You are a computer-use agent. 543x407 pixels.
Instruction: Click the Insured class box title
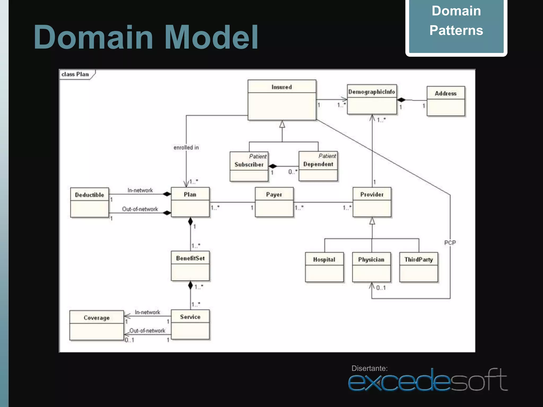pyautogui.click(x=282, y=87)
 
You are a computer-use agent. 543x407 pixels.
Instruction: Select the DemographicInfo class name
pyautogui.click(x=371, y=92)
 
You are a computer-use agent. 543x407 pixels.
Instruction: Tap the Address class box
pyautogui.click(x=446, y=101)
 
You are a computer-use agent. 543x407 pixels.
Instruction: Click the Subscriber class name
pyautogui.click(x=249, y=165)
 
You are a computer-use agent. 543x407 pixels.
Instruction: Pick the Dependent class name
pyautogui.click(x=318, y=164)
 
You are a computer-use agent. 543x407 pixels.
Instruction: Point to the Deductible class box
pyautogui.click(x=89, y=202)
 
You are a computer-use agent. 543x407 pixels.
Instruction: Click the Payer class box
pyautogui.click(x=274, y=202)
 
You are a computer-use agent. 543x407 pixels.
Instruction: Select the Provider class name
pyautogui.click(x=372, y=194)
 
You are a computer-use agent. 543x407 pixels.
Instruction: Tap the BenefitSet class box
pyautogui.click(x=190, y=266)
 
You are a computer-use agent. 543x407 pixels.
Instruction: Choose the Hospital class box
pyautogui.click(x=324, y=267)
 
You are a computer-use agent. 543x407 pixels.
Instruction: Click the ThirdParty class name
pyautogui.click(x=418, y=260)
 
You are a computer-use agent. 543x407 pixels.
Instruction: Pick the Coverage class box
pyautogui.click(x=97, y=325)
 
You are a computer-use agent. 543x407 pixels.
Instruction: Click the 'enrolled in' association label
pyautogui.click(x=186, y=148)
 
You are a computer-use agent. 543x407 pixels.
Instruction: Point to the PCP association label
pyautogui.click(x=450, y=243)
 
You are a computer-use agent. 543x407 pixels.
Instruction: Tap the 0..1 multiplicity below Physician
pyautogui.click(x=381, y=288)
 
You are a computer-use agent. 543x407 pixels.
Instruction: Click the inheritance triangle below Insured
pyautogui.click(x=282, y=124)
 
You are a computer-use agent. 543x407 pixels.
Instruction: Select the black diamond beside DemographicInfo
pyautogui.click(x=401, y=100)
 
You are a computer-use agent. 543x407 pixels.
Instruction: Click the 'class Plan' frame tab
pyautogui.click(x=75, y=74)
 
